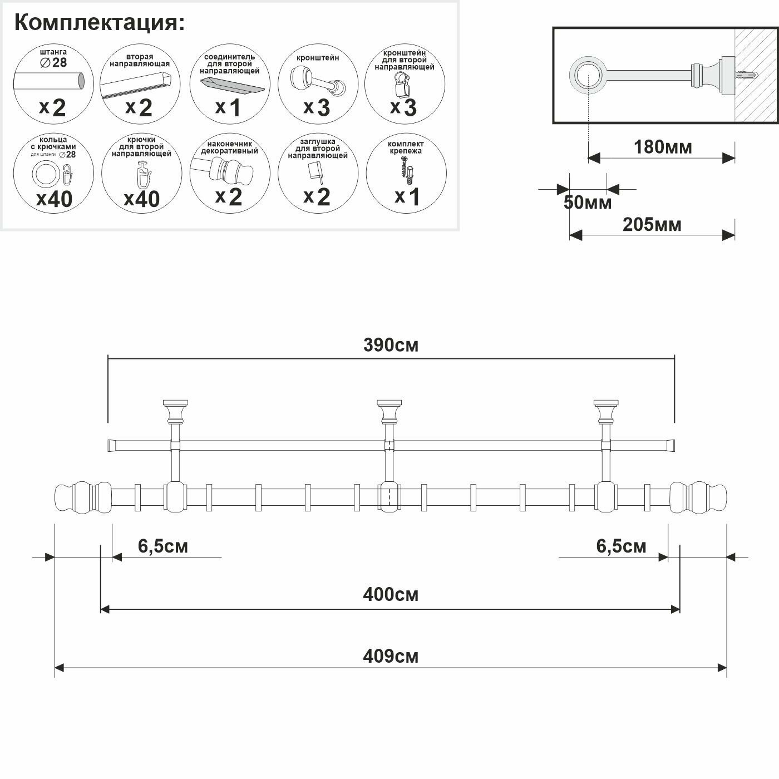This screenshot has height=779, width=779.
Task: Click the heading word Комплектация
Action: (x=98, y=23)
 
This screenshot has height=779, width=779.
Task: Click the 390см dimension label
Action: (x=391, y=346)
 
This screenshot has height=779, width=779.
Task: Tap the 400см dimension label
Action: (x=391, y=595)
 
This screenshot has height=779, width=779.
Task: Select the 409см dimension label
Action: (x=391, y=657)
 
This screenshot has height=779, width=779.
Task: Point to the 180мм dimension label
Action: (x=663, y=147)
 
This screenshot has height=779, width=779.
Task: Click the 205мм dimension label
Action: (x=652, y=224)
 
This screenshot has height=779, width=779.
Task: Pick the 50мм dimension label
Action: (x=587, y=203)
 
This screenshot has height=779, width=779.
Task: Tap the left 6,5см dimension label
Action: (x=163, y=546)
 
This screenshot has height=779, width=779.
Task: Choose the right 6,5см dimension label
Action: (x=621, y=546)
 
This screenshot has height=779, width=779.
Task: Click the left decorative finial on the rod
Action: (x=82, y=497)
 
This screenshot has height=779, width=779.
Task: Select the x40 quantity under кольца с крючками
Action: (x=54, y=199)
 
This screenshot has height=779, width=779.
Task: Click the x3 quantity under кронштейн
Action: (x=317, y=107)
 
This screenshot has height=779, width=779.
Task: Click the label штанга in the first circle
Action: (x=53, y=52)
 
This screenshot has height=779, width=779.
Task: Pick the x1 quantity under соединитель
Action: (x=228, y=108)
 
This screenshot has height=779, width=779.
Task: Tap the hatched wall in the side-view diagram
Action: (x=755, y=75)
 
